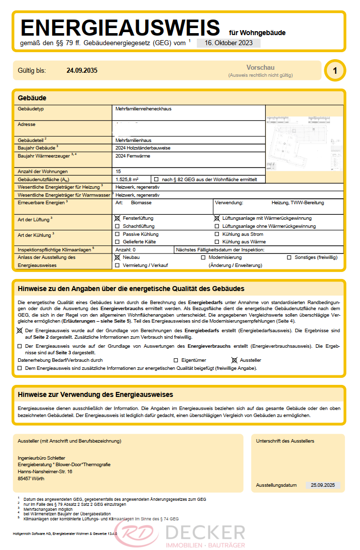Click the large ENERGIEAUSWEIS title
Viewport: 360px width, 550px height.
[x=120, y=27]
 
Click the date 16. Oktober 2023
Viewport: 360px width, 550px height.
[x=228, y=43]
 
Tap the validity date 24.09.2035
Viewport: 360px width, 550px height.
[x=82, y=71]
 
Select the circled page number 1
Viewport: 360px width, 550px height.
[x=335, y=71]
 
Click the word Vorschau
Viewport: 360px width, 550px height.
[x=260, y=67]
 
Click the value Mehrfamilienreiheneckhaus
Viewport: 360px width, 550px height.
[x=144, y=108]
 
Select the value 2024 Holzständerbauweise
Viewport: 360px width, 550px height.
[x=144, y=148]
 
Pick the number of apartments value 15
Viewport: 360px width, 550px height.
[x=118, y=172]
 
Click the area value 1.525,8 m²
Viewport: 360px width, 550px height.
[x=127, y=179]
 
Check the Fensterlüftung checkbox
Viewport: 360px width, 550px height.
[x=118, y=218]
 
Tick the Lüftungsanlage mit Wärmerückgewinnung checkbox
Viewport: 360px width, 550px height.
[x=217, y=218]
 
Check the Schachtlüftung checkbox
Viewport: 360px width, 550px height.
[x=118, y=226]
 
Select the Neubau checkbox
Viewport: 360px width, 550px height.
[x=118, y=257]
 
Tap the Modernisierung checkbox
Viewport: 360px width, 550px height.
[x=203, y=257]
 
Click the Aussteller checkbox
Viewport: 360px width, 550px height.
[x=234, y=360]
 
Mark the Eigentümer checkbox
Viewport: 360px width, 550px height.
[x=176, y=360]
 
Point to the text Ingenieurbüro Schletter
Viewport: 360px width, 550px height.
[x=41, y=458]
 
